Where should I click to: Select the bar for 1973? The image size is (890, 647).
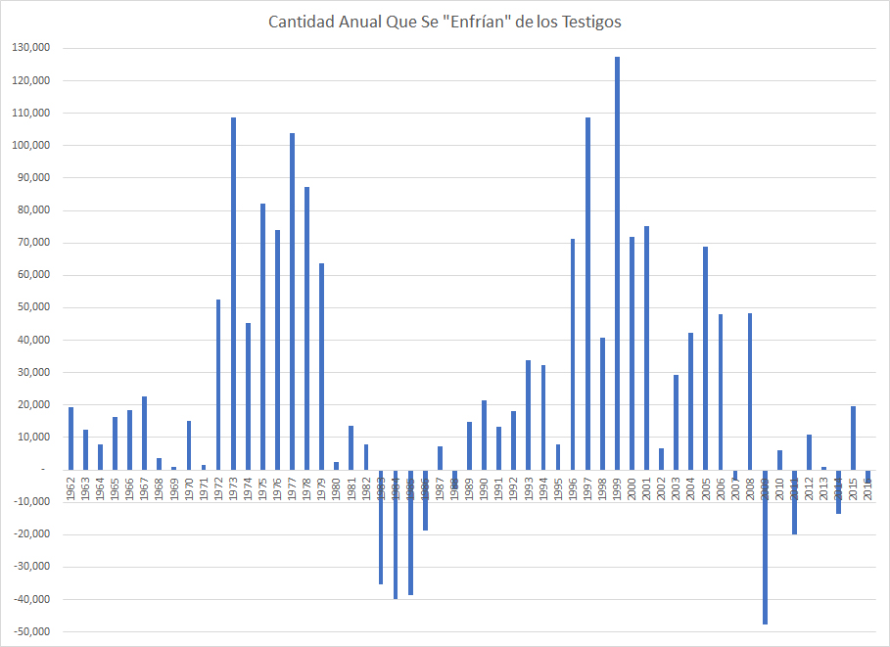pos(233,294)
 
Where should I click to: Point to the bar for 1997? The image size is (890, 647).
pos(587,294)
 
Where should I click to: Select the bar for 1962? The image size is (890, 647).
pos(70,439)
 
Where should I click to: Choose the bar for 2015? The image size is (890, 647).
pos(853,438)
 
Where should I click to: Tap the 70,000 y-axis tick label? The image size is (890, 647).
pos(34,243)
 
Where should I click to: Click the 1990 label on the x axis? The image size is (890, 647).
pos(485,488)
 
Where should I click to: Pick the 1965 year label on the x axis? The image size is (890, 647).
pos(115,488)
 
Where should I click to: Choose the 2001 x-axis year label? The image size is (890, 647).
pos(647,488)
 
